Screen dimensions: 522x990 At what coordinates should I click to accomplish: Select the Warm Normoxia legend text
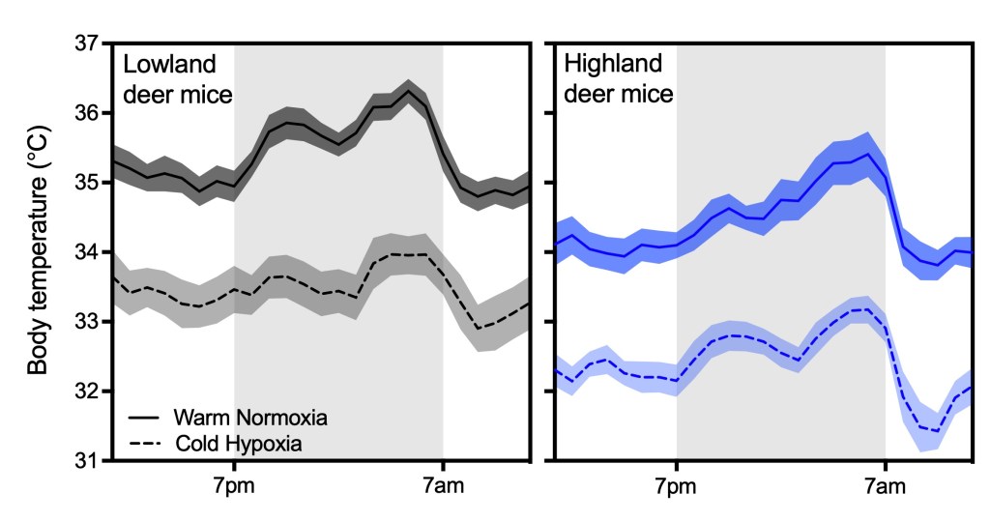pos(252,419)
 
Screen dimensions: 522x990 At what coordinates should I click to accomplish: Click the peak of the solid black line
pos(409,91)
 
